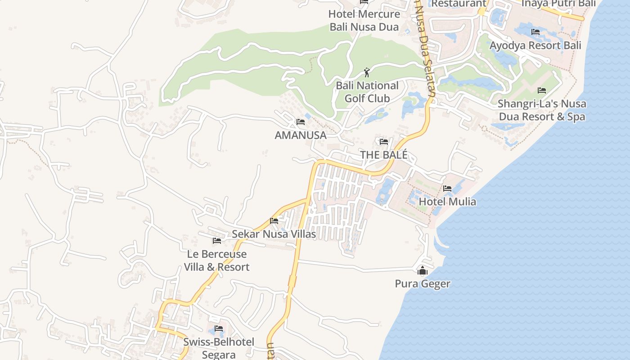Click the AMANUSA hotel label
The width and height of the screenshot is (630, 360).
pos(300,135)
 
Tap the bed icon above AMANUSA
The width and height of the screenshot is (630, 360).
pos(301,122)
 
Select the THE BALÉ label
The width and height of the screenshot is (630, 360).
pos(383,155)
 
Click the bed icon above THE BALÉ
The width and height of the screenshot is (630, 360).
pos(383,142)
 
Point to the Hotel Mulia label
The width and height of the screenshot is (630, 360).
pos(447,201)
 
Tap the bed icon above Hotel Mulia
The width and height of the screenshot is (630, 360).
pos(447,189)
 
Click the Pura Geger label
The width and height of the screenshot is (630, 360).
pos(423,283)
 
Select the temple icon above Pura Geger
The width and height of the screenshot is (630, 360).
pos(423,271)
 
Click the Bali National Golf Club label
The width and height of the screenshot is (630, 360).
pos(367,92)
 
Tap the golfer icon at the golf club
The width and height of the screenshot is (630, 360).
pos(367,72)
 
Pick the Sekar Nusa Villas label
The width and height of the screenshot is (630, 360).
pos(274,234)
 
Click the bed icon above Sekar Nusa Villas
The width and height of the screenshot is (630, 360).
pos(274,221)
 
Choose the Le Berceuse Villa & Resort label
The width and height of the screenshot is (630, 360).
pos(216,261)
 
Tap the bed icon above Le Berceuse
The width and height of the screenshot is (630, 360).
pos(217,241)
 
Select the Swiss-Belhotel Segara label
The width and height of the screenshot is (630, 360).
pos(219,348)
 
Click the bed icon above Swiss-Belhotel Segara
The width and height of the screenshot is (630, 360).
pos(219,328)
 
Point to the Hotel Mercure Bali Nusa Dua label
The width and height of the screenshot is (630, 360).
pos(364,20)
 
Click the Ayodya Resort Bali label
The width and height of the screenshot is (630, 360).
pos(535,45)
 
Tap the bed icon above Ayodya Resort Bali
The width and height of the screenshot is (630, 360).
pos(535,32)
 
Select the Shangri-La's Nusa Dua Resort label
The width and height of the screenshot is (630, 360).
pos(542,110)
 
